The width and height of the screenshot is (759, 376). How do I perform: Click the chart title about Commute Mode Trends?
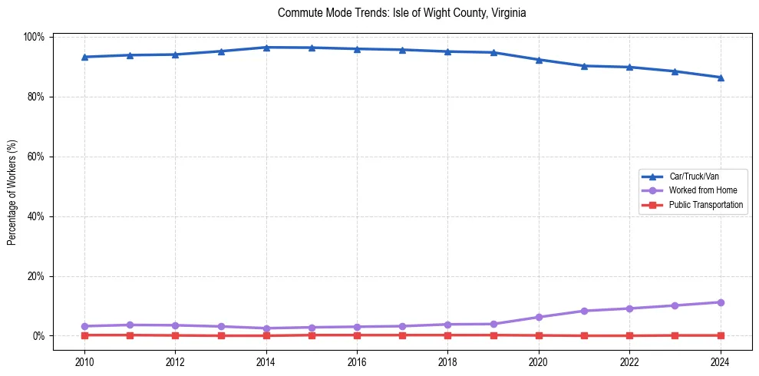point(401,13)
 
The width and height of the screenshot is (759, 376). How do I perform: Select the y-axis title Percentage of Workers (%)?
point(12,187)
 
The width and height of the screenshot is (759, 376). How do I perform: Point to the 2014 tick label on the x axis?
point(266,363)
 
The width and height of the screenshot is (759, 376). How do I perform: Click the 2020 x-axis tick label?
point(538,363)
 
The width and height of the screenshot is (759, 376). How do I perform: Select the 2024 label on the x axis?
point(720,363)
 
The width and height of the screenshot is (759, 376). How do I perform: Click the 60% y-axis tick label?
point(36,157)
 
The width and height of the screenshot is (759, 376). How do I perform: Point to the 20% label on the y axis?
point(36,276)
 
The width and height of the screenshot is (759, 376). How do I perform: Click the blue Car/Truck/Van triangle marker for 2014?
point(266,48)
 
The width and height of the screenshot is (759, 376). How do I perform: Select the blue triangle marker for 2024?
point(720,78)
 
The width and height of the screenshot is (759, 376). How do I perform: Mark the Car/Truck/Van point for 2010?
point(84,57)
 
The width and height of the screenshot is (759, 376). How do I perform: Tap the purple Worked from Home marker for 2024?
point(720,302)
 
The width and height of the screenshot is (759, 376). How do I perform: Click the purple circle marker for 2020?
point(539,317)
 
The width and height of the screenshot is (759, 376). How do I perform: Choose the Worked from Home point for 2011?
point(130,325)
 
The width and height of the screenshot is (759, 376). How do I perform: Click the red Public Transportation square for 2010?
point(84,335)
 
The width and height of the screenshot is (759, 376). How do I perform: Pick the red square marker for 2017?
point(402,335)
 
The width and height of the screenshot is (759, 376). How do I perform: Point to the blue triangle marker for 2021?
point(584,66)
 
